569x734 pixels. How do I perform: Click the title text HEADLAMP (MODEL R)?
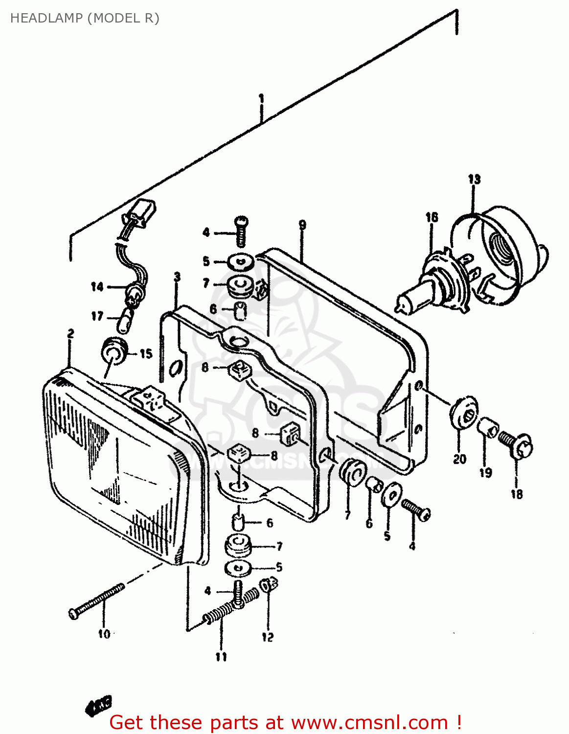[85, 18]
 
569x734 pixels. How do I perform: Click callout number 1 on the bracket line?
[261, 99]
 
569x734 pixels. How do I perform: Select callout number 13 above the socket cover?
[474, 179]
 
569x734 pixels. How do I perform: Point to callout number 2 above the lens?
[70, 334]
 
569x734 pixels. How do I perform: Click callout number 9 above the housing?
[302, 225]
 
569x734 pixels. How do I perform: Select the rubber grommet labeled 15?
[114, 351]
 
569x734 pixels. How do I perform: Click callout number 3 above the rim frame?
[177, 277]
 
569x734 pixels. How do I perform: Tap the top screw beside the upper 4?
[241, 231]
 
